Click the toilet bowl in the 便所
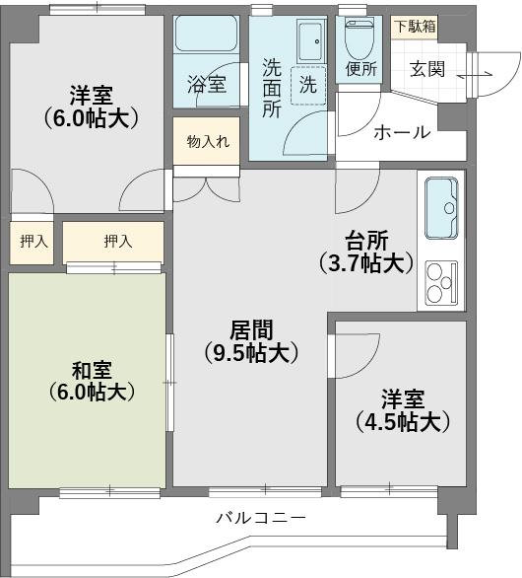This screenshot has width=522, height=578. (359, 36)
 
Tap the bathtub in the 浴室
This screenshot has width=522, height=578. (206, 34)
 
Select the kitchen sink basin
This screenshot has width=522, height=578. (441, 208)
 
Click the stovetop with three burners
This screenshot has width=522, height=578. (441, 283)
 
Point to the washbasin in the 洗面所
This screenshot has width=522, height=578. (310, 41)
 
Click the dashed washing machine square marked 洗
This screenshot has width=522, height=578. (308, 85)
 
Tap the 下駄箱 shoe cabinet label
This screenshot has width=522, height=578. (415, 27)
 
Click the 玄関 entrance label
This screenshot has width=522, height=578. (427, 69)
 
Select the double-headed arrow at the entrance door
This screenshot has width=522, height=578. (475, 75)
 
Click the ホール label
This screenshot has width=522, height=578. (402, 132)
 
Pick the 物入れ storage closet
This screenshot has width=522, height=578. (207, 141)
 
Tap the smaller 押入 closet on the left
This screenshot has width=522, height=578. (32, 243)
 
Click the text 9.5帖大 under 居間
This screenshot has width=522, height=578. (251, 353)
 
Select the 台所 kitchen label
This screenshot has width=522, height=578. (366, 241)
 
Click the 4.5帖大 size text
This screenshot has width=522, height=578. (403, 421)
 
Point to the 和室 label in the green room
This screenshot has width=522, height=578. (92, 370)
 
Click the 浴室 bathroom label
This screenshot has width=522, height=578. (206, 84)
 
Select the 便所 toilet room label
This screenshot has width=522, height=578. (361, 69)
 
